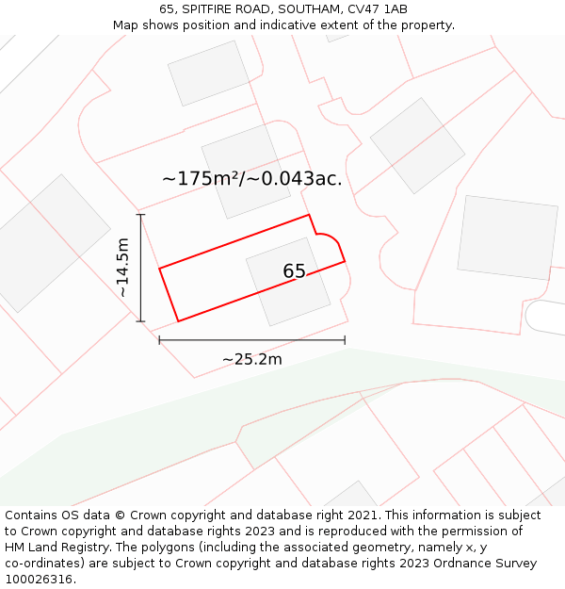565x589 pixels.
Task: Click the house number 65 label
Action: point(294,271)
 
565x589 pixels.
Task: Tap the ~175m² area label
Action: point(202,178)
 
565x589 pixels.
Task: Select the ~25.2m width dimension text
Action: point(251,359)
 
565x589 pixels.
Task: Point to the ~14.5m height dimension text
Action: point(122,268)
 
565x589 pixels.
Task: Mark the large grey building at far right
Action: point(506,237)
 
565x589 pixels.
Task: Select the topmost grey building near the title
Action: point(208,73)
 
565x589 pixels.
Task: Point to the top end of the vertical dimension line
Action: point(140,215)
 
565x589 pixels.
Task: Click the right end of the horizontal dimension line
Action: point(345,340)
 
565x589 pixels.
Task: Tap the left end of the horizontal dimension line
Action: point(159,340)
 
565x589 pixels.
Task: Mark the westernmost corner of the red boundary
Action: point(160,270)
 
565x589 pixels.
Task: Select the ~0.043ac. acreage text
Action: point(296,178)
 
